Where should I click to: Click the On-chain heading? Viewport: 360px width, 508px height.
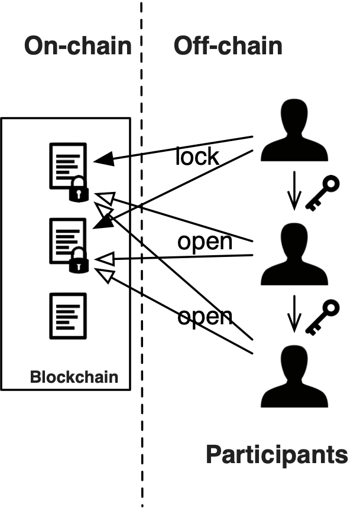pyautogui.click(x=78, y=45)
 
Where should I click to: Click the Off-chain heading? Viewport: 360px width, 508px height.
pyautogui.click(x=228, y=45)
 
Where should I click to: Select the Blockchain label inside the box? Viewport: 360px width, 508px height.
pyautogui.click(x=74, y=377)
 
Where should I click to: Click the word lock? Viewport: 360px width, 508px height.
pyautogui.click(x=197, y=156)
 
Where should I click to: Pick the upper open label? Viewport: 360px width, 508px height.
pyautogui.click(x=205, y=242)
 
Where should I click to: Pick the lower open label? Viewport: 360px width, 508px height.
pyautogui.click(x=205, y=317)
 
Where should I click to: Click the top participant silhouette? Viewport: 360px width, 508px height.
pyautogui.click(x=294, y=130)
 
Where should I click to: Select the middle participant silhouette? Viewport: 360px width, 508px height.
pyautogui.click(x=294, y=254)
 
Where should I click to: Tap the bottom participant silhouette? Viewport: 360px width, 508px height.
pyautogui.click(x=294, y=376)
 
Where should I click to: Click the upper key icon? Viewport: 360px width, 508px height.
pyautogui.click(x=323, y=193)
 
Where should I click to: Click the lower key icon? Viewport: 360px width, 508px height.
pyautogui.click(x=323, y=318)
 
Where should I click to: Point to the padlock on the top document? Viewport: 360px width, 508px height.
pyautogui.click(x=79, y=189)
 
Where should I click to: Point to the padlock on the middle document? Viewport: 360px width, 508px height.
pyautogui.click(x=79, y=260)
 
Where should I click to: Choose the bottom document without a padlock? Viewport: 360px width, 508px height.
pyautogui.click(x=68, y=316)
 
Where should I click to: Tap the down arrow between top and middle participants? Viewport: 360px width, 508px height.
pyautogui.click(x=294, y=190)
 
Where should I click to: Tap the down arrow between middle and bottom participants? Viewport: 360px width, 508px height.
pyautogui.click(x=294, y=314)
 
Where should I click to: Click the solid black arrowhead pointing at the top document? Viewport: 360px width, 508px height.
pyautogui.click(x=104, y=159)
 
